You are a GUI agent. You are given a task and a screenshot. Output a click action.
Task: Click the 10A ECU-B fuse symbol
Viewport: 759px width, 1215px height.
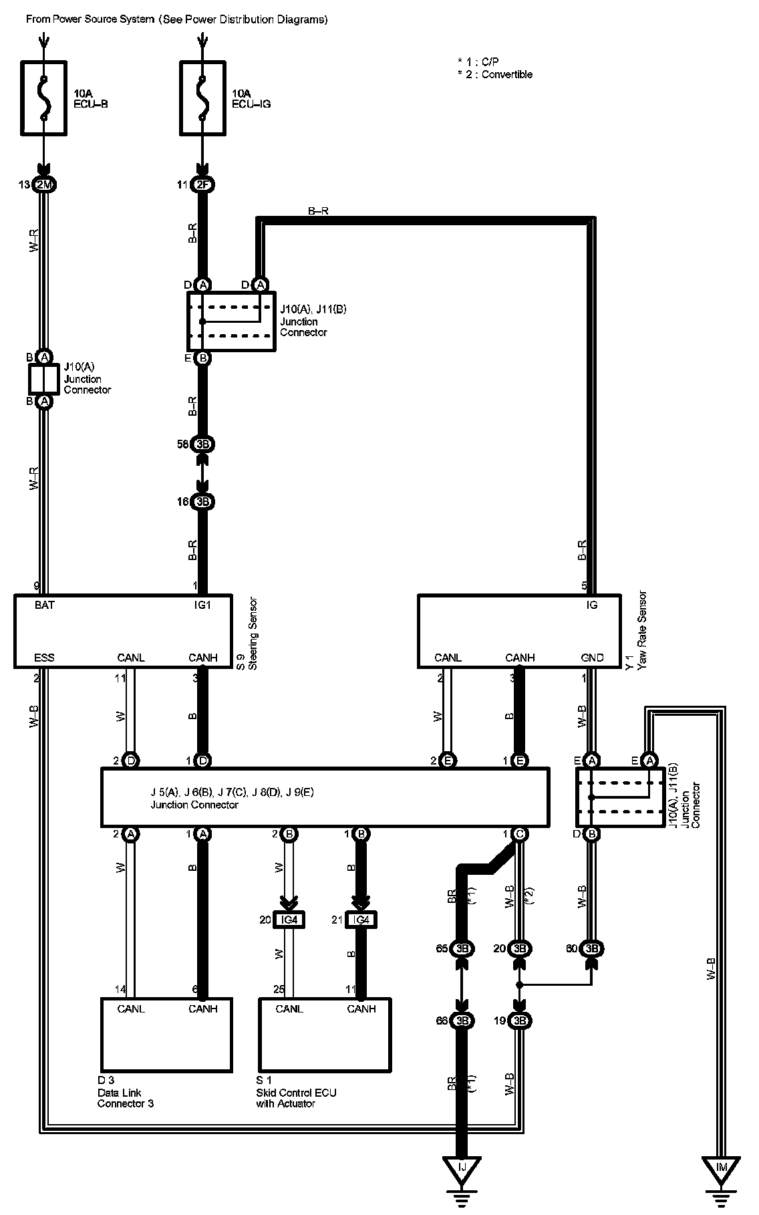44,98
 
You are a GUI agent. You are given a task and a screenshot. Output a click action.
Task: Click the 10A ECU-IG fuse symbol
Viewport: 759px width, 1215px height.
202,98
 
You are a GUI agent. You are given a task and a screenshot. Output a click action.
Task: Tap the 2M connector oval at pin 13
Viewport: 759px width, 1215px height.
44,185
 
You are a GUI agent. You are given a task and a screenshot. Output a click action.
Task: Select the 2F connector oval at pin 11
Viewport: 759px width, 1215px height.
202,185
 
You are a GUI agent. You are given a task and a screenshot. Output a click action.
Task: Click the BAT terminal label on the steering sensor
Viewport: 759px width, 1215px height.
45,605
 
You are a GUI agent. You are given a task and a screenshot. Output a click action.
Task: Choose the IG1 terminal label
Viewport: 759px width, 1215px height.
202,605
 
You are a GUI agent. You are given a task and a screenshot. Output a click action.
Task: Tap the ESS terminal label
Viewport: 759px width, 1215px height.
44,658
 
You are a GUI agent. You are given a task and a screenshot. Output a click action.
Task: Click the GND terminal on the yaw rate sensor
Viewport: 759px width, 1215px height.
592,658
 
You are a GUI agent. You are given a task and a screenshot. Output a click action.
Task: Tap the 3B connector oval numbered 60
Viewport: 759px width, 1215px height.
591,948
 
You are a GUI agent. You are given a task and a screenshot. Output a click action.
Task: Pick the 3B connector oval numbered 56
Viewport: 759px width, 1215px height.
202,444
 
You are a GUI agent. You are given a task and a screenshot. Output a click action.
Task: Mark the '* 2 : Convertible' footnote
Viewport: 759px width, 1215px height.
495,75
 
